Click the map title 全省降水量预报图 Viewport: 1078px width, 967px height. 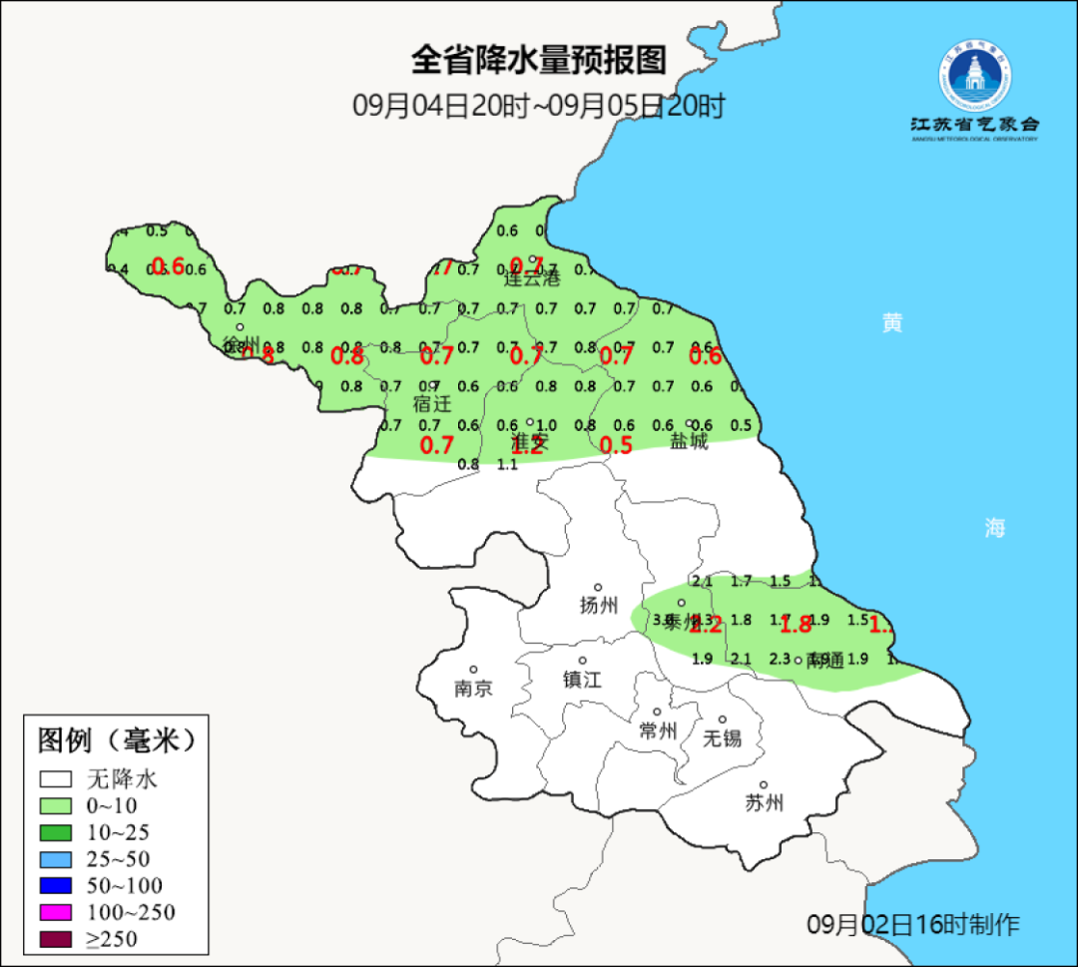pyautogui.click(x=538, y=61)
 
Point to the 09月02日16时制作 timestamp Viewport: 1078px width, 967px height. pyautogui.click(x=913, y=924)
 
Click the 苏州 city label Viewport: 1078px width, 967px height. pyautogui.click(x=764, y=803)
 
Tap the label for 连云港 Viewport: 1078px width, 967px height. pyautogui.click(x=532, y=278)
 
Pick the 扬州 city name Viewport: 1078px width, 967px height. pyautogui.click(x=599, y=605)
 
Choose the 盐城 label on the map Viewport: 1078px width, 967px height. pyautogui.click(x=689, y=441)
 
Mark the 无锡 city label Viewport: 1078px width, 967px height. pyautogui.click(x=722, y=738)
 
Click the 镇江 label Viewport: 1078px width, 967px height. pyautogui.click(x=582, y=680)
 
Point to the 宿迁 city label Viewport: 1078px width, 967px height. pyautogui.click(x=432, y=404)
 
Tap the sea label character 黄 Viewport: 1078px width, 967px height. pyautogui.click(x=892, y=322)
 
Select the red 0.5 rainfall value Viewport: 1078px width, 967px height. pyautogui.click(x=617, y=445)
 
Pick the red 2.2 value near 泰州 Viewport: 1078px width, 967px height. pyautogui.click(x=706, y=626)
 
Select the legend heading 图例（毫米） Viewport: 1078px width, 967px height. pyautogui.click(x=114, y=740)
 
